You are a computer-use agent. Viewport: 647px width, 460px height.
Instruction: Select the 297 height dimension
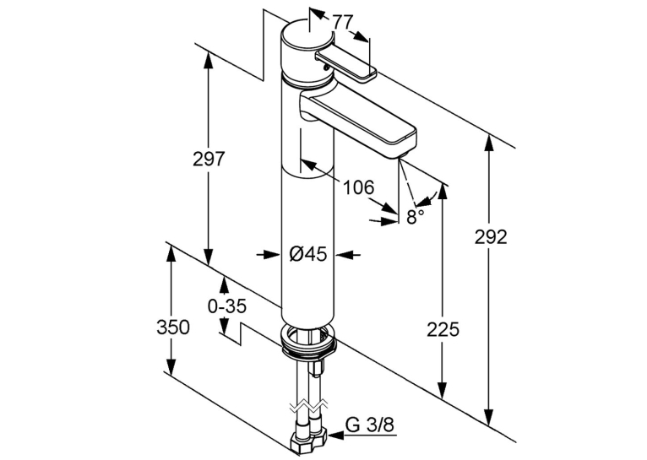coord(209,160)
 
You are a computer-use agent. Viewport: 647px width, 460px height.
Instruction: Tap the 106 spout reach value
coord(359,187)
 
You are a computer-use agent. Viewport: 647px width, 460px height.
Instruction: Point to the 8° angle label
coord(415,217)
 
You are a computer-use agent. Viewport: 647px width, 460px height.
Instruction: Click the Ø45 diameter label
coord(307,254)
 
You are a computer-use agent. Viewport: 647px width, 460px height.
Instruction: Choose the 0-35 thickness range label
coord(227,306)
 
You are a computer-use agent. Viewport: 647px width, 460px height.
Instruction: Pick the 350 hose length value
coord(173,327)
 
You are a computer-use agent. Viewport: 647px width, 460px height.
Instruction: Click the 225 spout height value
coord(443,330)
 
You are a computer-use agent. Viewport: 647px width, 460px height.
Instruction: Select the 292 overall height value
coord(490,237)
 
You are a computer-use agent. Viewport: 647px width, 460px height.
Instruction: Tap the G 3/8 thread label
coord(370,425)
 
